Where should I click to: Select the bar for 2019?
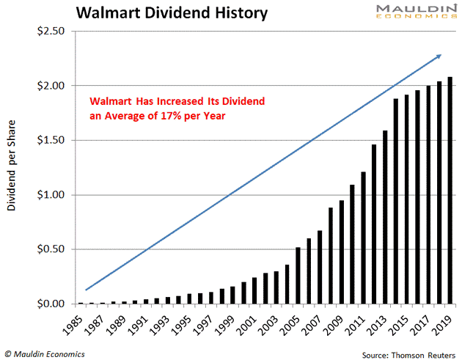coord(449,191)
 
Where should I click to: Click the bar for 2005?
coord(297,276)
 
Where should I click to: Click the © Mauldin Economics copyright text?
coord(44,354)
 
